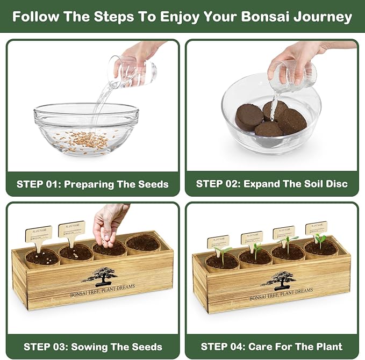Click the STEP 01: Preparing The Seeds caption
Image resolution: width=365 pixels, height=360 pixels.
(x=92, y=184)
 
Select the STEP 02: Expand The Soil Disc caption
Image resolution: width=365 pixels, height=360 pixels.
(x=271, y=184)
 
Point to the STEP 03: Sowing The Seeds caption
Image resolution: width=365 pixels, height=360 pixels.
(x=92, y=346)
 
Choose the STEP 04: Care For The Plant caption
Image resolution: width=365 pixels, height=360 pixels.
(x=271, y=346)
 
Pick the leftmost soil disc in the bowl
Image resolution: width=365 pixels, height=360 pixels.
(x=248, y=117)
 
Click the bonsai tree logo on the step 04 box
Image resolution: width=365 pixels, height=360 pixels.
(x=278, y=279)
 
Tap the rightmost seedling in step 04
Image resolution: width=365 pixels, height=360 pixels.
(x=320, y=241)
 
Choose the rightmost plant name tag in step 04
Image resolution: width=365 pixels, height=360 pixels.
(x=316, y=227)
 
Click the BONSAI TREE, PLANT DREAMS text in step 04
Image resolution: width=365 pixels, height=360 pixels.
(x=281, y=291)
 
